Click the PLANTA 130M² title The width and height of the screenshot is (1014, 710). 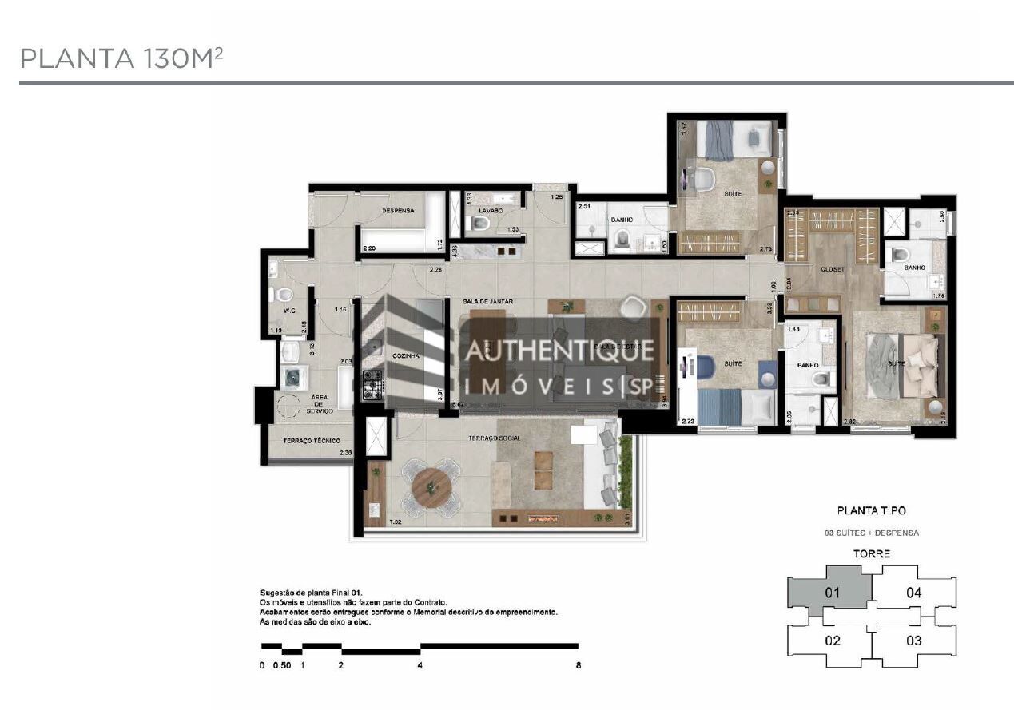pos(120,58)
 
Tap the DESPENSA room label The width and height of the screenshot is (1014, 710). pos(397,211)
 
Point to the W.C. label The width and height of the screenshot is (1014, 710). pos(290,311)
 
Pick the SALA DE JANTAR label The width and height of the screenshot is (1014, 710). pos(487,301)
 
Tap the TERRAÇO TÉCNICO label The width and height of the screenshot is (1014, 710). pos(312,441)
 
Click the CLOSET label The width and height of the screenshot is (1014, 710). pos(832,270)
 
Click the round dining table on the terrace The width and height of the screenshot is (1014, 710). pos(431,484)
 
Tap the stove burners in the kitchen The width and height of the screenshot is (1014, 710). pos(373,385)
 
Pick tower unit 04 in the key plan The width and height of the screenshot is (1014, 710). pos(913,593)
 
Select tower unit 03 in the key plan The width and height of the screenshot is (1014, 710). pos(913,640)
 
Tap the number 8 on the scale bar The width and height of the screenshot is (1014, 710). pos(578,665)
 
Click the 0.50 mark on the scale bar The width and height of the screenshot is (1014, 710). pos(282,665)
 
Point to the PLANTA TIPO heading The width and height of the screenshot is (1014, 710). pos(871,510)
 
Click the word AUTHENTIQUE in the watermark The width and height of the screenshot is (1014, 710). pos(559,350)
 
